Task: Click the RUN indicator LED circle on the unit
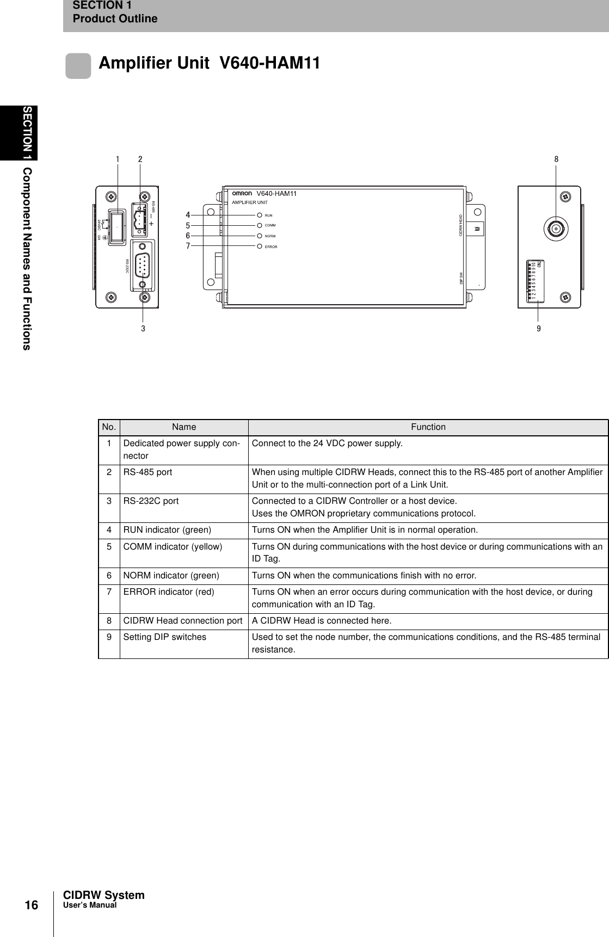[x=260, y=215]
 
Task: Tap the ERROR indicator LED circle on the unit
[x=260, y=246]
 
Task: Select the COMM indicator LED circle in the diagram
[x=260, y=225]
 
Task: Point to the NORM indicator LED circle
[x=260, y=236]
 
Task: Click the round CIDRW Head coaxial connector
[x=556, y=229]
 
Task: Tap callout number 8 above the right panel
[x=556, y=159]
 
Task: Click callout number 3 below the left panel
[x=143, y=329]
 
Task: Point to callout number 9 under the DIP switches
[x=538, y=329]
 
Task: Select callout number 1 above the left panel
[x=117, y=159]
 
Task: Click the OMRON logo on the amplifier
[x=242, y=193]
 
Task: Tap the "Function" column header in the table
[x=428, y=427]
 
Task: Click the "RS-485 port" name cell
[x=147, y=472]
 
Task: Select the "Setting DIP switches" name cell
[x=164, y=637]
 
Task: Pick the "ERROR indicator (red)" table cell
[x=168, y=591]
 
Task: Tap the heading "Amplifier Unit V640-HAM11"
[x=209, y=64]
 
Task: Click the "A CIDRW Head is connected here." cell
[x=321, y=621]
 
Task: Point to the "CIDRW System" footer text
[x=104, y=895]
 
